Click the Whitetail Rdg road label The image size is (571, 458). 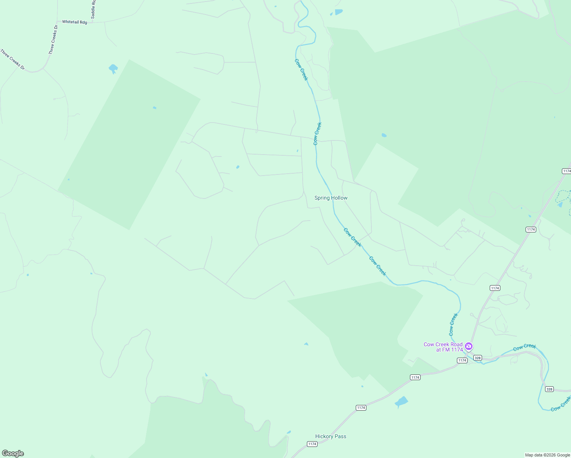click(74, 22)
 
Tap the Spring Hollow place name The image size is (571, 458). click(331, 198)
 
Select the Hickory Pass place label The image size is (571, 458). click(331, 436)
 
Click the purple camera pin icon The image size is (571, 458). click(469, 346)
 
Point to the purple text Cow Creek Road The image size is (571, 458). click(443, 344)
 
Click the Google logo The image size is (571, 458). click(13, 453)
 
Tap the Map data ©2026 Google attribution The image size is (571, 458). click(547, 455)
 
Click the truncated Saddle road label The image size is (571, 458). click(93, 10)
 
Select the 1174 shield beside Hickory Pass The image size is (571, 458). click(312, 444)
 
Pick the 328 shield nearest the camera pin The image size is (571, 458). click(477, 358)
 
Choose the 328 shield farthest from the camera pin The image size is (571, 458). click(549, 389)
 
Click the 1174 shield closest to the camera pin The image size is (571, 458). click(462, 360)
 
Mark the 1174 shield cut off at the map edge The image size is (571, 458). click(567, 171)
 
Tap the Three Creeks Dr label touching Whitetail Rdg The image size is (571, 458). click(53, 40)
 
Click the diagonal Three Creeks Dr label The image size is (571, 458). click(13, 60)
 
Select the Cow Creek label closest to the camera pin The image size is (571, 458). click(453, 324)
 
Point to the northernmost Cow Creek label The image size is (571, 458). click(301, 69)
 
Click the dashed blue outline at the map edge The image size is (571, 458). click(563, 197)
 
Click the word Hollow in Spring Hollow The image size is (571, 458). click(339, 198)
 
